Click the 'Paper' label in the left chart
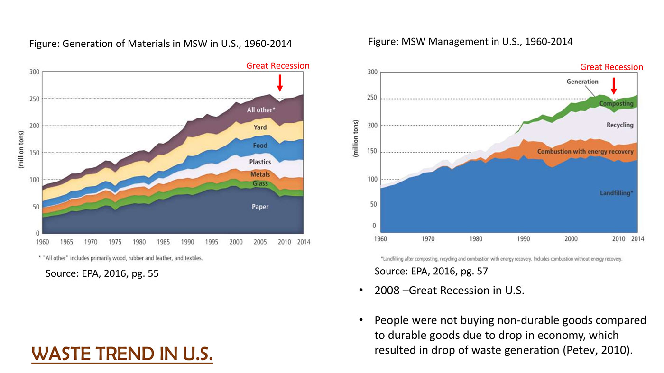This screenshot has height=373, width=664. coord(260,207)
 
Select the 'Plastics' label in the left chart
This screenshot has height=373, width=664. coord(260,162)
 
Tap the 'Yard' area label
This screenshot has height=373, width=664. coord(260,127)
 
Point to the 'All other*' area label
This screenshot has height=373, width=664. coord(261,110)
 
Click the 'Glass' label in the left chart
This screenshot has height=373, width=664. coord(260,183)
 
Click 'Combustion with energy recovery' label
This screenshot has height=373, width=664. coord(585,152)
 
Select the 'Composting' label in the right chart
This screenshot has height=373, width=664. coord(616,103)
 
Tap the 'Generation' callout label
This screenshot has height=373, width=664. coord(582,82)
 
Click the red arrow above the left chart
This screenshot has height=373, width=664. coord(280,82)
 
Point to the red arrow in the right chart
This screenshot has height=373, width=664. coord(614,85)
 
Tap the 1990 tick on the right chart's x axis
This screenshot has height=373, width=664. coord(524,239)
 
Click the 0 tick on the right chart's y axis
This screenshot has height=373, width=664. coord(374,226)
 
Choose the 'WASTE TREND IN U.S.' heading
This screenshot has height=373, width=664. coord(122,354)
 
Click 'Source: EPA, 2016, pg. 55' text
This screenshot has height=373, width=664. coord(102,274)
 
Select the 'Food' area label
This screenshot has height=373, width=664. coord(260,146)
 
